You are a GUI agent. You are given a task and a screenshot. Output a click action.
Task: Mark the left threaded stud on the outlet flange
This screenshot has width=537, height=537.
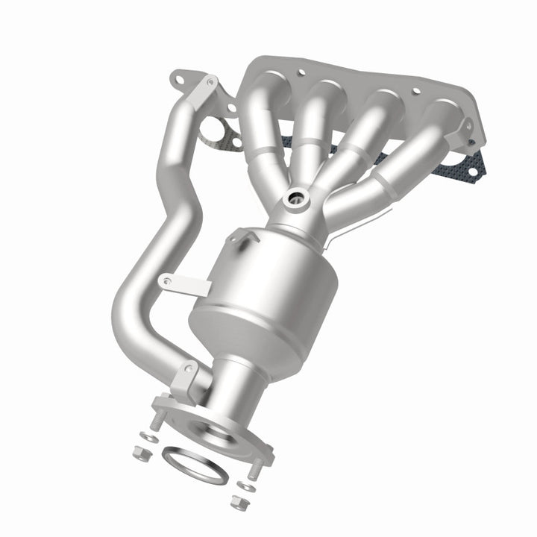pyautogui.click(x=157, y=419)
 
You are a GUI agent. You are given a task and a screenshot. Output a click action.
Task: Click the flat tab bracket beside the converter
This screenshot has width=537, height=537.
pyautogui.click(x=183, y=283)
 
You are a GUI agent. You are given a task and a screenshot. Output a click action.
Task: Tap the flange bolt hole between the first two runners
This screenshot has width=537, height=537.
pyautogui.click(x=301, y=74)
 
